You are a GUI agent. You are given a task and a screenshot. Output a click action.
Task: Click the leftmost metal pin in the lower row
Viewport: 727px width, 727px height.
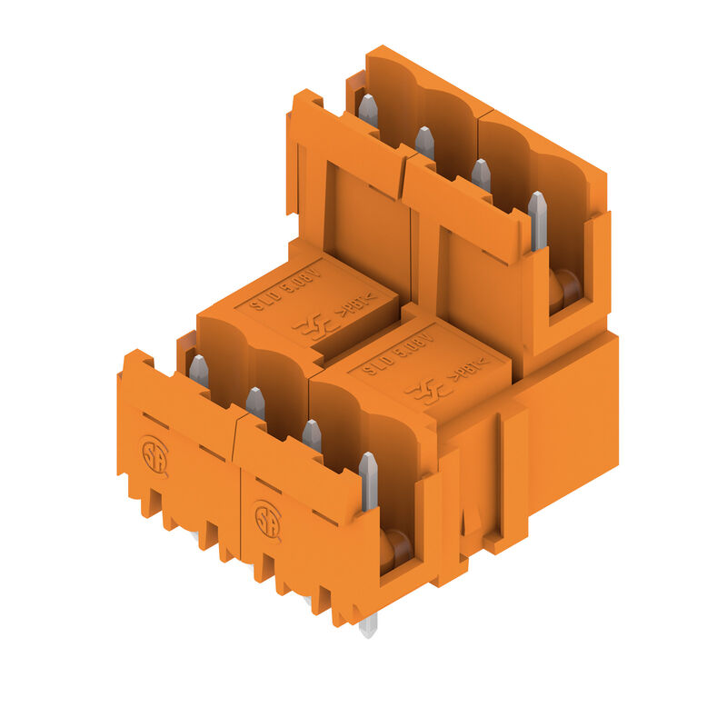198,371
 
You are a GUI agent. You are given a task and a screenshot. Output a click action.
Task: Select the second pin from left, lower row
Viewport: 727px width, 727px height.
255,403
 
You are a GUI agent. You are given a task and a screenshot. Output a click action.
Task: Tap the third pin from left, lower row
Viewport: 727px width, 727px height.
312,434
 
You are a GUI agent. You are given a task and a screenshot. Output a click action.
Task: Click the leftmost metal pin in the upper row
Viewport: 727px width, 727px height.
367,110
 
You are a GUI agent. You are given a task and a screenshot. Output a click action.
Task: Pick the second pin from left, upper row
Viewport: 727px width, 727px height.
424,142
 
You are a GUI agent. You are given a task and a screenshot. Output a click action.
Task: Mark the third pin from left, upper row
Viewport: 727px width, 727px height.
481,174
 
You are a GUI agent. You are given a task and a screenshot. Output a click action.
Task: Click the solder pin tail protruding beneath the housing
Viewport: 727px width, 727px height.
368,625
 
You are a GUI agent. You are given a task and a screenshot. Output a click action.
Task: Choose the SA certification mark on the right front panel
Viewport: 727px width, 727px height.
267,521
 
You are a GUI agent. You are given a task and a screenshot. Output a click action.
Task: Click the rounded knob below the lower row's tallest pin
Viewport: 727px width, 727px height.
396,548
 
